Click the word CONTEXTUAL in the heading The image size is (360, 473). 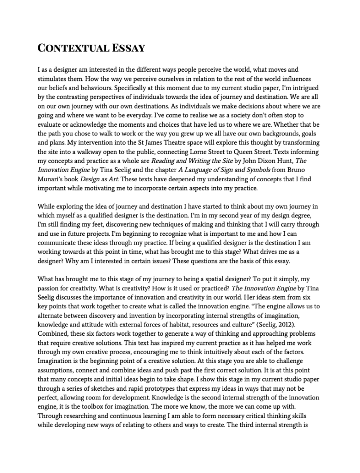coord(73,48)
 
